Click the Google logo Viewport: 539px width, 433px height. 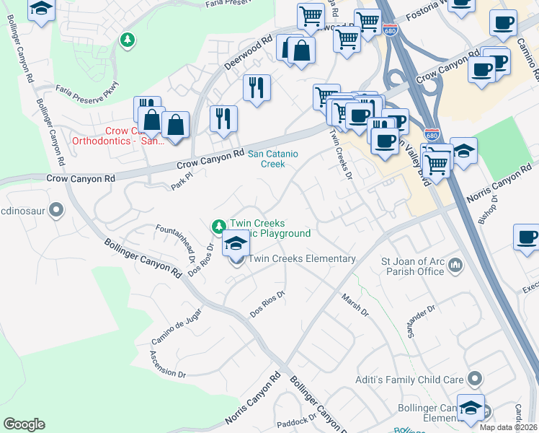(x=24, y=424)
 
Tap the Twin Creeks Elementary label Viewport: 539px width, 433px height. (x=302, y=258)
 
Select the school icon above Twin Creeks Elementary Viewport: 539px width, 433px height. (x=236, y=245)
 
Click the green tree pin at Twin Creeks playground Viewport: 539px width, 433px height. (x=218, y=227)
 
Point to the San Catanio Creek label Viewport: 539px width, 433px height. (x=276, y=159)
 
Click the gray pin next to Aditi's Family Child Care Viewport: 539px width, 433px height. (x=474, y=378)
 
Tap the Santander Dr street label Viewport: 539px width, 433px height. (x=420, y=320)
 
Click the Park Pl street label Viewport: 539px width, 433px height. (x=185, y=178)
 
